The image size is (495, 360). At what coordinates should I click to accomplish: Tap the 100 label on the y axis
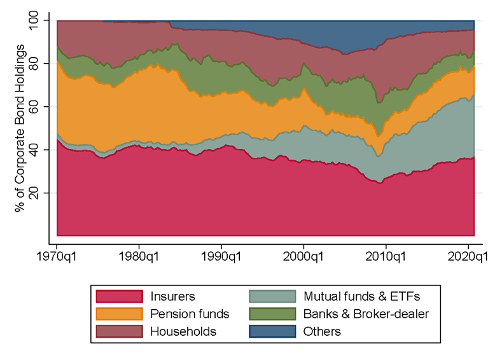point(32,20)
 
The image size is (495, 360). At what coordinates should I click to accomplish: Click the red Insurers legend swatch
point(118,296)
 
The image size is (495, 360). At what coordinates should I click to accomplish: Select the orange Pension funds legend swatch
point(118,314)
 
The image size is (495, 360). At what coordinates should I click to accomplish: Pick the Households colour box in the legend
point(118,331)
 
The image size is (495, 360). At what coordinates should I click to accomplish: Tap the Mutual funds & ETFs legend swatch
point(272,296)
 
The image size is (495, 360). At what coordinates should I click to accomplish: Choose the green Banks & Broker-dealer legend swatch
point(272,314)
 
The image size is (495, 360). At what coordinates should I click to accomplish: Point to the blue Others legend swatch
point(272,331)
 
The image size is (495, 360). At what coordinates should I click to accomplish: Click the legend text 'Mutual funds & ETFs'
point(362,296)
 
